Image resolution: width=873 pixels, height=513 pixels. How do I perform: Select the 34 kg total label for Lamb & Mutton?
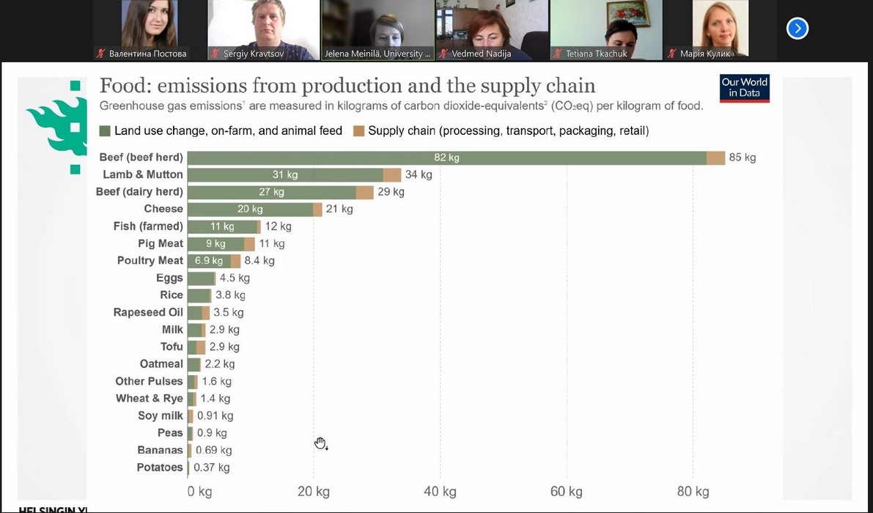click(419, 174)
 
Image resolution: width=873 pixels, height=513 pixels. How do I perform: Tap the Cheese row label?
click(163, 209)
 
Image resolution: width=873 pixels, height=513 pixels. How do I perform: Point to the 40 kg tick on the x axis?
click(440, 491)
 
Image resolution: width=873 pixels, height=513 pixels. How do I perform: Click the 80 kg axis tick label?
click(693, 491)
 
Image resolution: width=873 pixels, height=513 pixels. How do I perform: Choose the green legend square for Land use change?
click(105, 131)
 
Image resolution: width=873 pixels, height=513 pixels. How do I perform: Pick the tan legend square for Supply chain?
click(358, 131)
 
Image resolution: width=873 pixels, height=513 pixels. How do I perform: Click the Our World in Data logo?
click(744, 88)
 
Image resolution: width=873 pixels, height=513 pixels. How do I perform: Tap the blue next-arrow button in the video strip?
click(797, 29)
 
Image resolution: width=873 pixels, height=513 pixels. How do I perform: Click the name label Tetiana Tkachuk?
click(597, 53)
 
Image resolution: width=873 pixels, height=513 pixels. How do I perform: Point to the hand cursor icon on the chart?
click(320, 443)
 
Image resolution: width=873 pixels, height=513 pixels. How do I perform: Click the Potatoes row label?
click(160, 468)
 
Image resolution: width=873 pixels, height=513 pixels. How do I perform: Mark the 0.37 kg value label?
click(212, 468)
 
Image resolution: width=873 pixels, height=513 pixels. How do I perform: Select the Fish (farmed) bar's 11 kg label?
click(222, 226)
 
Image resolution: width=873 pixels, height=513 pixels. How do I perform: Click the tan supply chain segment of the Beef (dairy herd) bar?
click(365, 192)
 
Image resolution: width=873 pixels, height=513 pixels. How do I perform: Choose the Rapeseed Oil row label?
click(148, 312)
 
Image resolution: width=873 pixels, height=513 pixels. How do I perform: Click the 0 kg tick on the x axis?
click(199, 491)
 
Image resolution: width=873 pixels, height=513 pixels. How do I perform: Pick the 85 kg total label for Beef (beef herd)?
click(742, 158)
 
